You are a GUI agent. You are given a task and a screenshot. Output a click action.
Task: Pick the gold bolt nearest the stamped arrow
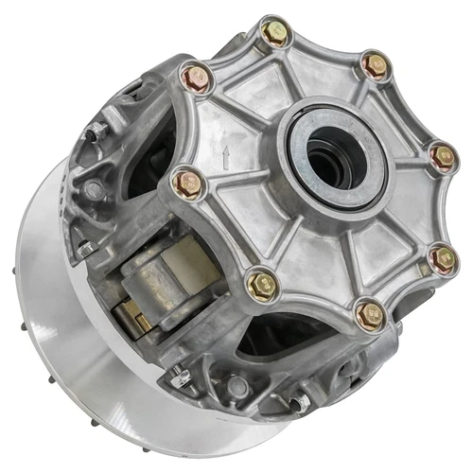187,179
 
